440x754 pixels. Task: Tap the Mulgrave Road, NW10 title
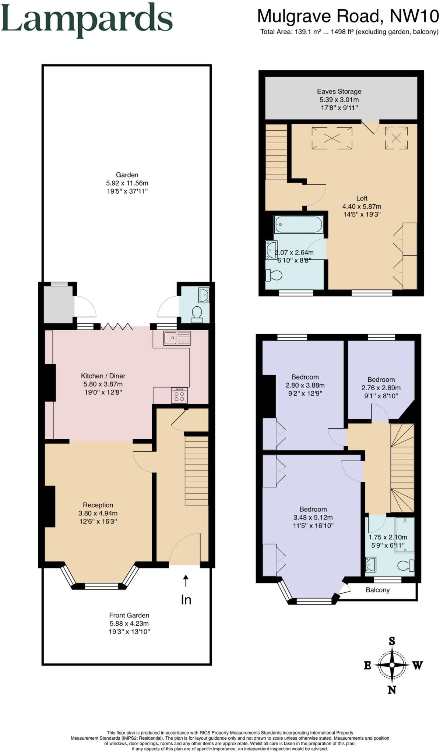(348, 16)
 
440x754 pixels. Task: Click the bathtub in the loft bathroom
(298, 224)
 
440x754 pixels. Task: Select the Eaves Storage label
(339, 91)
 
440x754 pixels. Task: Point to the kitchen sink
(177, 338)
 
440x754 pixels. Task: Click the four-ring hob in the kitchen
(179, 396)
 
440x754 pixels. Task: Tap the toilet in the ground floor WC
(197, 313)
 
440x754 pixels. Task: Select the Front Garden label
(129, 615)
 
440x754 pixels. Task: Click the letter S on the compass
(392, 641)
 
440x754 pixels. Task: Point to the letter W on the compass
(417, 665)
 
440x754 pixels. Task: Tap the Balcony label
(377, 590)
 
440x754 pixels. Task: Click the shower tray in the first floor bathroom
(404, 535)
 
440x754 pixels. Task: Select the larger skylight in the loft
(332, 138)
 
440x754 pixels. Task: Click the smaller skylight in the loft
(396, 138)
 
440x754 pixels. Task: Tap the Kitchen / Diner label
(103, 376)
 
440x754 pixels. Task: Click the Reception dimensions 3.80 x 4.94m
(98, 513)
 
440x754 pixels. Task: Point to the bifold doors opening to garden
(116, 326)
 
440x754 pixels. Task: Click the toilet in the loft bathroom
(274, 275)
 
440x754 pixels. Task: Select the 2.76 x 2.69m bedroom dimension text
(381, 388)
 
